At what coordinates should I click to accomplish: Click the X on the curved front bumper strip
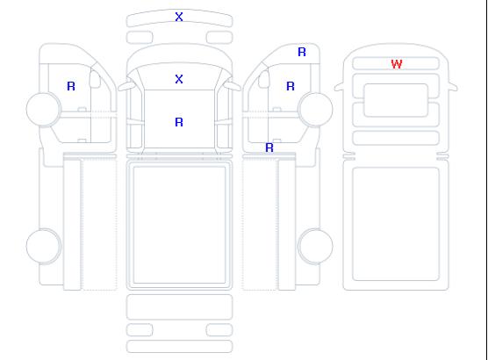179,17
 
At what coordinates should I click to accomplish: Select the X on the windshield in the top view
179,79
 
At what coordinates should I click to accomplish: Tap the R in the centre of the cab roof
179,122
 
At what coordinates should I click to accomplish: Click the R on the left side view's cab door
71,86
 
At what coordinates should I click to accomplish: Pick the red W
397,64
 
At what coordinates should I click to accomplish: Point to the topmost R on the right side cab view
302,52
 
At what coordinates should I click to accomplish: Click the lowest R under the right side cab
269,148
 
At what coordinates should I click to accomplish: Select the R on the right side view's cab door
291,86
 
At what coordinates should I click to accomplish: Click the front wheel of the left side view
44,109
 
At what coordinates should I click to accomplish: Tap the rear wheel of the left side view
44,246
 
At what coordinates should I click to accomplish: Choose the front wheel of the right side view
315,109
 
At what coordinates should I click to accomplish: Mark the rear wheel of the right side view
315,246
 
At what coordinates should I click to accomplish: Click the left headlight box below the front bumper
140,38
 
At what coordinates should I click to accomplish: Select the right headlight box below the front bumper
219,38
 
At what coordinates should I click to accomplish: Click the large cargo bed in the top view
179,225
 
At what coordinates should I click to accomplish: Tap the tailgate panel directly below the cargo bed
179,306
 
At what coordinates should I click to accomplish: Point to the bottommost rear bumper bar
179,347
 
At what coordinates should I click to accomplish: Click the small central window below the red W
396,100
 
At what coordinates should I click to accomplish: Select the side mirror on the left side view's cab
95,79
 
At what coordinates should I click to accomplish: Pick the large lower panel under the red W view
396,224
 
